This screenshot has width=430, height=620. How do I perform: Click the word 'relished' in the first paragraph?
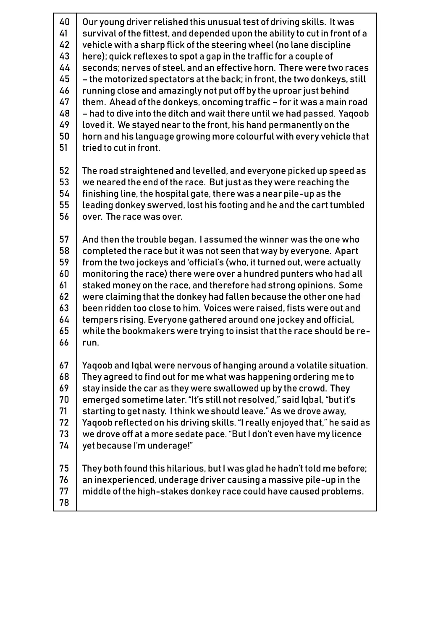coord(170,22)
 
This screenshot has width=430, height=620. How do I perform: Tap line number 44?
coord(64,68)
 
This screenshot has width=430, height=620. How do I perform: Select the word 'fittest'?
coord(153,34)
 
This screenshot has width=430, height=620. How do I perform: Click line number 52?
coord(64,171)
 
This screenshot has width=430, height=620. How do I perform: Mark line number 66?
coord(64,342)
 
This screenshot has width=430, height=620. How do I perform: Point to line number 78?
coord(64,503)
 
